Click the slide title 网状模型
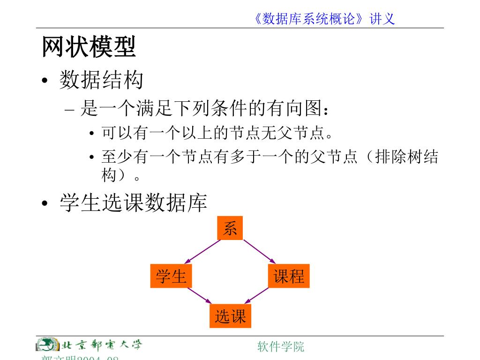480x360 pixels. [89, 47]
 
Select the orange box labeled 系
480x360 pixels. [230, 228]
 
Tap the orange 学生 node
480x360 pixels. [171, 276]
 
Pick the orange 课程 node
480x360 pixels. [289, 276]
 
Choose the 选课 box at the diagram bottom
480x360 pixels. [230, 316]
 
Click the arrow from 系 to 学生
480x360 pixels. [202, 252]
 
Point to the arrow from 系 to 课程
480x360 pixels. [259, 252]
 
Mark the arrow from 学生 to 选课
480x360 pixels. [200, 296]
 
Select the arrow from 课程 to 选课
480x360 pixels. [257, 296]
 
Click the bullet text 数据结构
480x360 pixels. [101, 80]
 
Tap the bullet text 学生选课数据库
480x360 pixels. [133, 203]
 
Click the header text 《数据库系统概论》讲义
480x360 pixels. [323, 19]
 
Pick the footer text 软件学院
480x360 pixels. [281, 346]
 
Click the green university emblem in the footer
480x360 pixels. [47, 345]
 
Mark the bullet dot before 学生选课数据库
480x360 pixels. [45, 204]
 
